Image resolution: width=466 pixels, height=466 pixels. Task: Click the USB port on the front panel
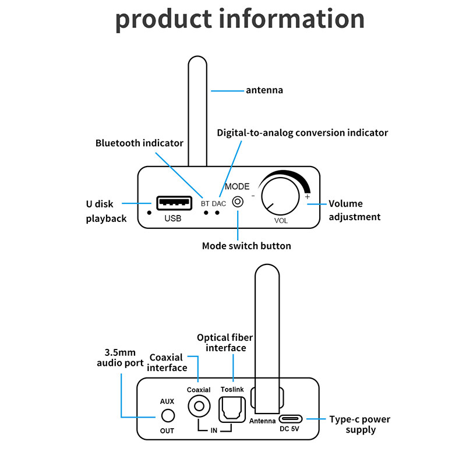(x=174, y=203)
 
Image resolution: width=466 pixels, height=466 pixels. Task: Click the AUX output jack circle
(x=167, y=416)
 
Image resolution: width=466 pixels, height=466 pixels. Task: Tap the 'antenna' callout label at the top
(x=264, y=90)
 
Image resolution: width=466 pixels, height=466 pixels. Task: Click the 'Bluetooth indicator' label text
(x=139, y=143)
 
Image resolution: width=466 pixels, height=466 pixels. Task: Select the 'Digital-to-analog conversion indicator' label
(x=302, y=133)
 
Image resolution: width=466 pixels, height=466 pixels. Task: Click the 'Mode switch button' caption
(x=246, y=246)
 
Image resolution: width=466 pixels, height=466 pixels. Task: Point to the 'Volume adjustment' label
(x=354, y=210)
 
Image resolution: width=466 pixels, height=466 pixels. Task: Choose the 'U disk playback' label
(x=106, y=211)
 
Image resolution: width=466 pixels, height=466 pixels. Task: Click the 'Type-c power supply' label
(x=359, y=425)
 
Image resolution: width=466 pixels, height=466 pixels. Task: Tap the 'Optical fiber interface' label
(x=221, y=343)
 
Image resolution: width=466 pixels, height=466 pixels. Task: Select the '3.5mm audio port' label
(x=120, y=358)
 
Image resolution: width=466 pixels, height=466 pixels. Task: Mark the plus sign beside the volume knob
(x=307, y=197)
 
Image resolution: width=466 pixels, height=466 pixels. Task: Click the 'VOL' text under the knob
(x=281, y=221)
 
